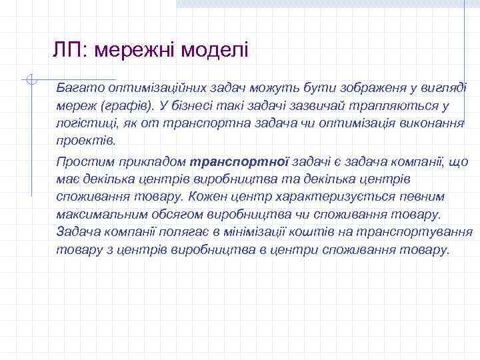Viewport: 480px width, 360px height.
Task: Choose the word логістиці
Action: click(x=84, y=123)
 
